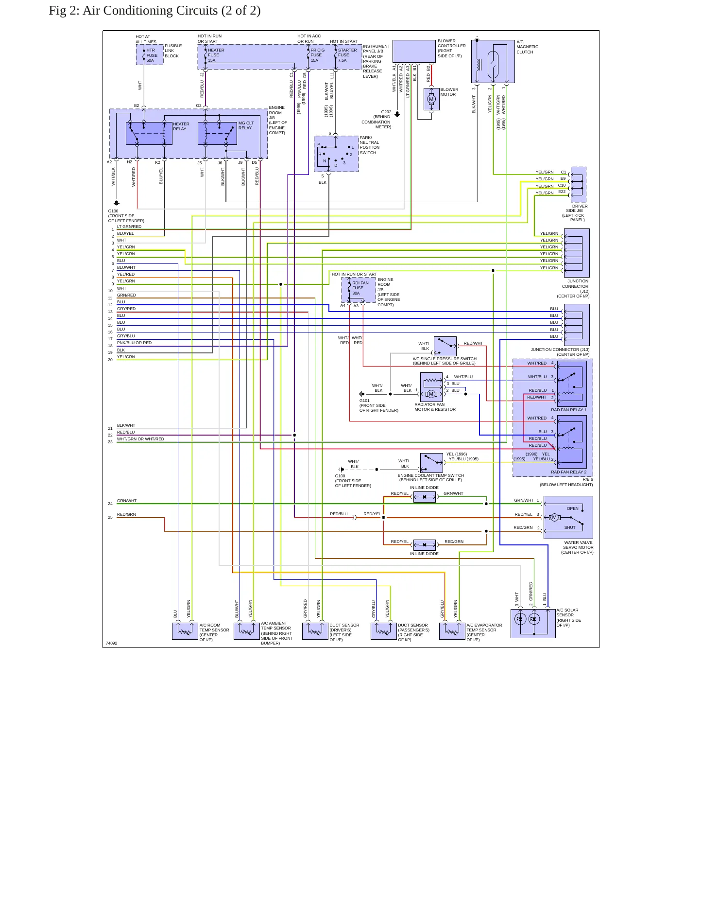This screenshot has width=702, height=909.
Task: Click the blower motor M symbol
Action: point(431,99)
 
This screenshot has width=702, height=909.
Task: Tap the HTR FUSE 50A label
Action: point(152,55)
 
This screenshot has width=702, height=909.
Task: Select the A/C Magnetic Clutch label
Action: point(527,47)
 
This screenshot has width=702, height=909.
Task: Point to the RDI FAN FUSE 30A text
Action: point(360,288)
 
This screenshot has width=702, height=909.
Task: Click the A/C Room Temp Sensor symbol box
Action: point(185,631)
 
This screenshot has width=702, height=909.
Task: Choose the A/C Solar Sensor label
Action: point(568,617)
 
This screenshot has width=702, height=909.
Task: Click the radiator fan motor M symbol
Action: point(430,394)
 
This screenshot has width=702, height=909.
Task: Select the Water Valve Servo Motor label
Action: point(577,547)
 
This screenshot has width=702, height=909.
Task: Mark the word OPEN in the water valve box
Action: point(572,508)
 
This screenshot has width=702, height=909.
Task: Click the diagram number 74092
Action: point(111,643)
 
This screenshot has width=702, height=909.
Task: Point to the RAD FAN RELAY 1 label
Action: point(568,410)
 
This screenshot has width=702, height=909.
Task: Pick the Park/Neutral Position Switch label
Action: point(370,145)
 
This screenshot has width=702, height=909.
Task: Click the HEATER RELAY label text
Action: point(181,126)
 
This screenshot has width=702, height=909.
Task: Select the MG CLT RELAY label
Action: point(246,125)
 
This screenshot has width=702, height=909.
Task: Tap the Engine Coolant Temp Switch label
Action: point(430,477)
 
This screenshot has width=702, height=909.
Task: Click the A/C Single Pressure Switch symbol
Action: point(445,346)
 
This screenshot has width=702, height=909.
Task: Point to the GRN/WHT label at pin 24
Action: point(127,501)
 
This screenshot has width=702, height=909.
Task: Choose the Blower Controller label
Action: point(451,48)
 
